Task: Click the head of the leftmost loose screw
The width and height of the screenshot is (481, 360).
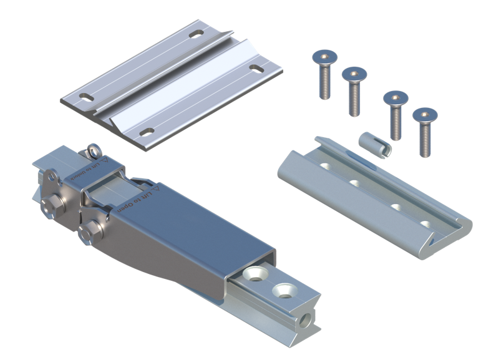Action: click(323, 58)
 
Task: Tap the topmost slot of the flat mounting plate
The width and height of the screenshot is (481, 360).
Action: click(197, 32)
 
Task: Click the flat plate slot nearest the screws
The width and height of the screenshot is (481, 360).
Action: click(256, 67)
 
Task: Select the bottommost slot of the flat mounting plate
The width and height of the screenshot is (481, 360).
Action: click(147, 132)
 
